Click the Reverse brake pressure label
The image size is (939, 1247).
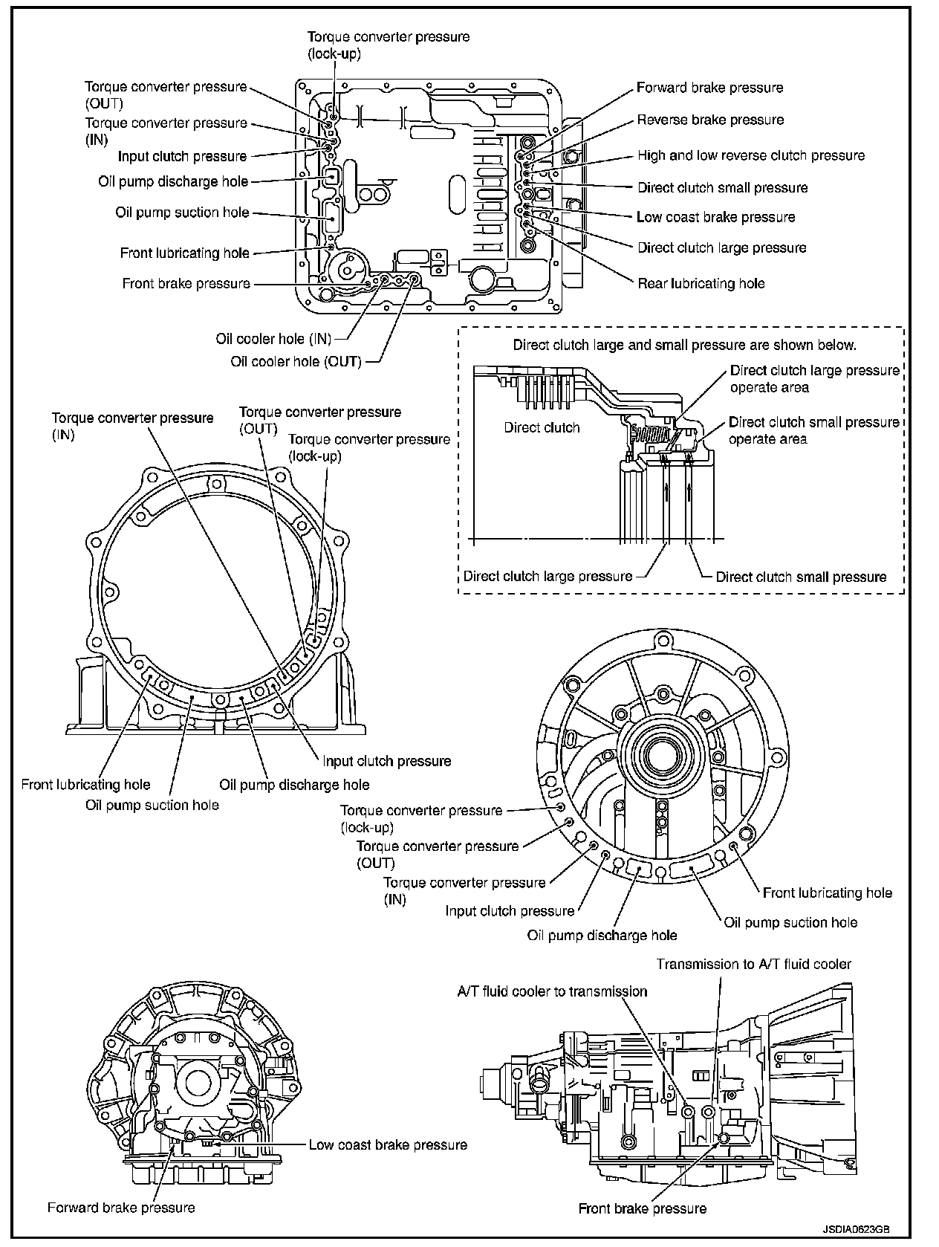[710, 120]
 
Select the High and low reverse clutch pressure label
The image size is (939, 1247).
[751, 155]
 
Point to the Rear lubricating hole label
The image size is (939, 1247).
[701, 283]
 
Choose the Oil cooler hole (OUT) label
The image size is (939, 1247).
[296, 362]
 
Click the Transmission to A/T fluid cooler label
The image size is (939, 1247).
[753, 964]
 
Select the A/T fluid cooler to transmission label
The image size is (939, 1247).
[552, 991]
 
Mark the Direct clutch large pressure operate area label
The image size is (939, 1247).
[814, 378]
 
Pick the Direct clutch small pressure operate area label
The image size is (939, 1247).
[813, 430]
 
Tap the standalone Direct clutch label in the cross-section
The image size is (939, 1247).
[542, 427]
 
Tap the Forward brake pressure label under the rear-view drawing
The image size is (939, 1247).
[121, 1208]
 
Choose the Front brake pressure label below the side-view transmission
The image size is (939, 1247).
[642, 1209]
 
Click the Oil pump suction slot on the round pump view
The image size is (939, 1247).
[691, 869]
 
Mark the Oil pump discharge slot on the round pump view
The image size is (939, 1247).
[638, 867]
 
